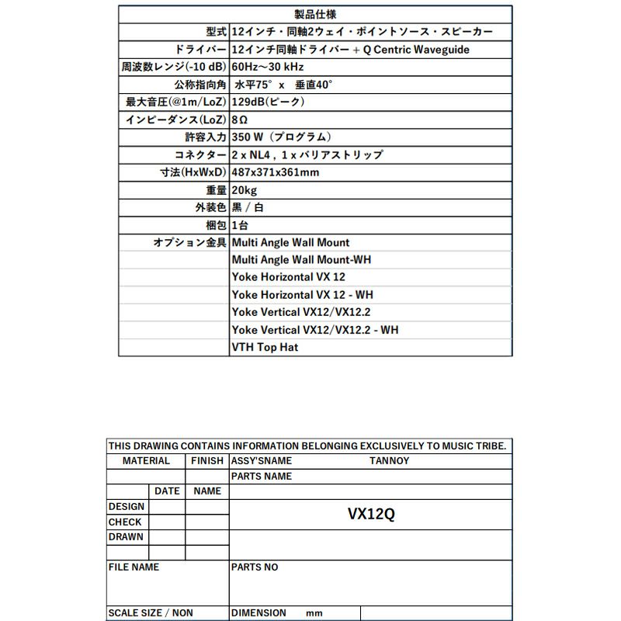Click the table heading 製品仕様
click(316, 15)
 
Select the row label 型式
click(217, 33)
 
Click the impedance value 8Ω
click(239, 120)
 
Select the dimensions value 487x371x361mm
click(276, 172)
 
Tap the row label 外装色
click(210, 208)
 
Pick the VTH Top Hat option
click(265, 348)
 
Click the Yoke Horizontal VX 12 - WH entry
click(303, 295)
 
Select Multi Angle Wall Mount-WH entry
click(301, 260)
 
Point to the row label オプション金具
click(189, 243)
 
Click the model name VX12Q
click(371, 514)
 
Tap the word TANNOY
click(389, 461)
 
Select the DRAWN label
click(126, 537)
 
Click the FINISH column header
click(207, 461)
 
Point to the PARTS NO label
click(255, 567)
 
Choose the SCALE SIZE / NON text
click(151, 613)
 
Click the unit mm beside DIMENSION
click(314, 613)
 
